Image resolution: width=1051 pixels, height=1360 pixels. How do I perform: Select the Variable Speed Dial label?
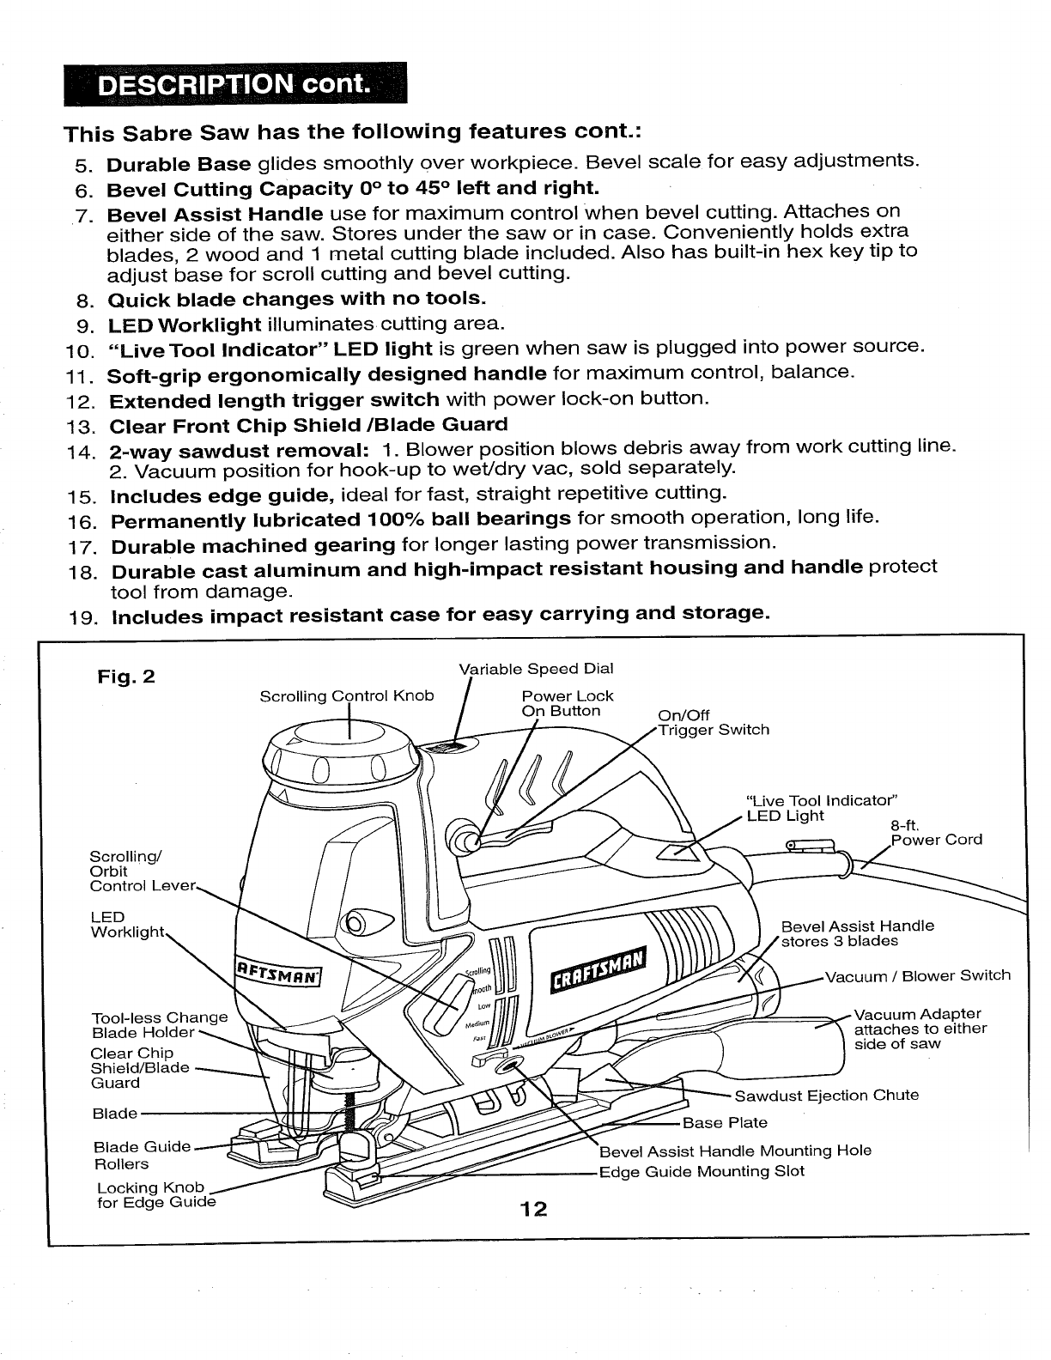[537, 669]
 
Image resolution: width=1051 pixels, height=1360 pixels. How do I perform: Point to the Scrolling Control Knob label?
[347, 695]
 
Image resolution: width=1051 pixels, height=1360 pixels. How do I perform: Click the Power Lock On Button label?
[567, 703]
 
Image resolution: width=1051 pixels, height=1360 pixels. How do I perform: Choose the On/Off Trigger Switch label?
[713, 723]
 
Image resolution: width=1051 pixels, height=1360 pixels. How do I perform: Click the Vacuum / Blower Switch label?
[917, 975]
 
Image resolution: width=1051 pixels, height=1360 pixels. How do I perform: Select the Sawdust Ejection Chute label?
[826, 1096]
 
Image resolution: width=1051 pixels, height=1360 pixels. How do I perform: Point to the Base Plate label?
[725, 1123]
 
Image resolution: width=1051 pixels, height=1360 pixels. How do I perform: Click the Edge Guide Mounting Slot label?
[702, 1172]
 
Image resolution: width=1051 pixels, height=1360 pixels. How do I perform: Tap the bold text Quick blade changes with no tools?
[298, 300]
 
